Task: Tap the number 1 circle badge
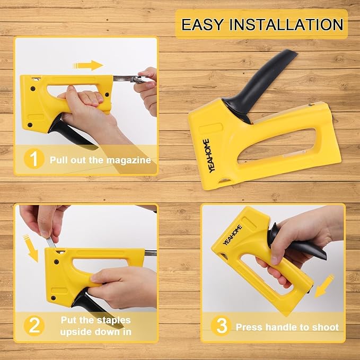[x=33, y=159]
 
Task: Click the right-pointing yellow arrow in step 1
[x=87, y=65]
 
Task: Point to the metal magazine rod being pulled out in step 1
[x=127, y=79]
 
